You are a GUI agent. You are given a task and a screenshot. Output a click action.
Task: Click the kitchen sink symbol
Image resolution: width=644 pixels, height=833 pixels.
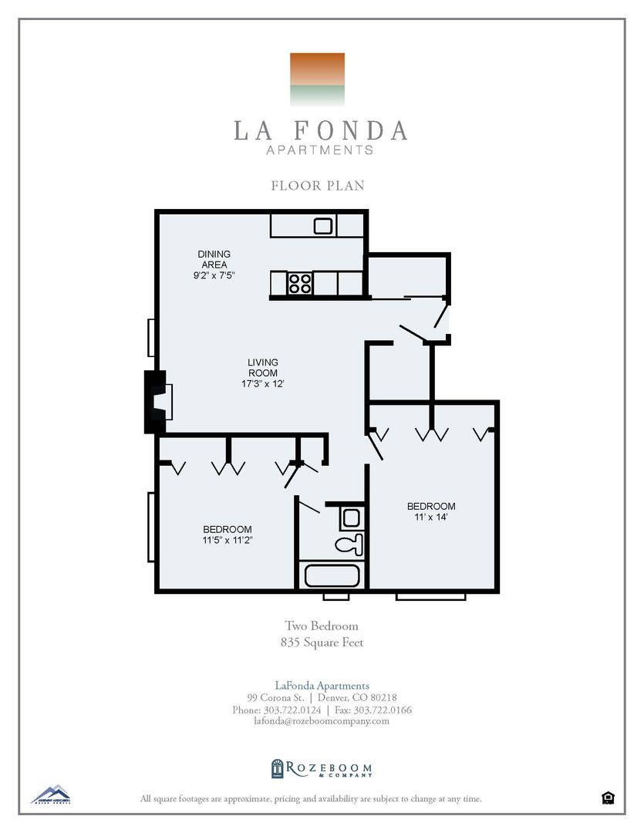point(323,226)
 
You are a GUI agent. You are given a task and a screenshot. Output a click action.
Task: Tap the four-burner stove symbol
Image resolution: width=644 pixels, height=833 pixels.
point(300,283)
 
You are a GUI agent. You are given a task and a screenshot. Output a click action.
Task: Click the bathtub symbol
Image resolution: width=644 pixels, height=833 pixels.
point(332,576)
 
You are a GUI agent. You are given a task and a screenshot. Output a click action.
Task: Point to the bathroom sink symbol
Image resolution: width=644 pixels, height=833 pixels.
point(351,518)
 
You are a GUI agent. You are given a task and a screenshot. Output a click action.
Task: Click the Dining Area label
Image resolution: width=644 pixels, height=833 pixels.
point(214,259)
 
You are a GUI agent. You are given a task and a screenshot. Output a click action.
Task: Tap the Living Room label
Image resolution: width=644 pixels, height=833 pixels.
point(263,367)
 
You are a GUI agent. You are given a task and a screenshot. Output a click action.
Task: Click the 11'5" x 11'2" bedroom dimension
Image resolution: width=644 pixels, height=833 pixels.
point(228,540)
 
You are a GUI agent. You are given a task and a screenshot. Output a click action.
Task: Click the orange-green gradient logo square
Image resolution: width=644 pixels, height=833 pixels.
point(317,79)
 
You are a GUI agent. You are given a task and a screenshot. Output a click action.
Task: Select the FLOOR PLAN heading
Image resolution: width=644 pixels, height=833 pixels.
point(318,186)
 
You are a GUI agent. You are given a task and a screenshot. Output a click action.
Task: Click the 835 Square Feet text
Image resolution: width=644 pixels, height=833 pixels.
point(322,642)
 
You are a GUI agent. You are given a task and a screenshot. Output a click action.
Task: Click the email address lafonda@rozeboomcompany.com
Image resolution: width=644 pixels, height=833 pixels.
point(322,721)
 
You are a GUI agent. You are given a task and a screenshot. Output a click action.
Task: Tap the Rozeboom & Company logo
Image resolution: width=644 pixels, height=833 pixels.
point(322,768)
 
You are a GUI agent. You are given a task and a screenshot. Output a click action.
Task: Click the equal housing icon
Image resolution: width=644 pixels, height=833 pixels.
point(608,798)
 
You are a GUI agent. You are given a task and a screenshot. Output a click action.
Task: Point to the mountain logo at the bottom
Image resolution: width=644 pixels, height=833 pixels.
point(50,794)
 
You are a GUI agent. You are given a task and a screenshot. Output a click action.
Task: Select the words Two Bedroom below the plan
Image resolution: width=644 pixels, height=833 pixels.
point(322,626)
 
